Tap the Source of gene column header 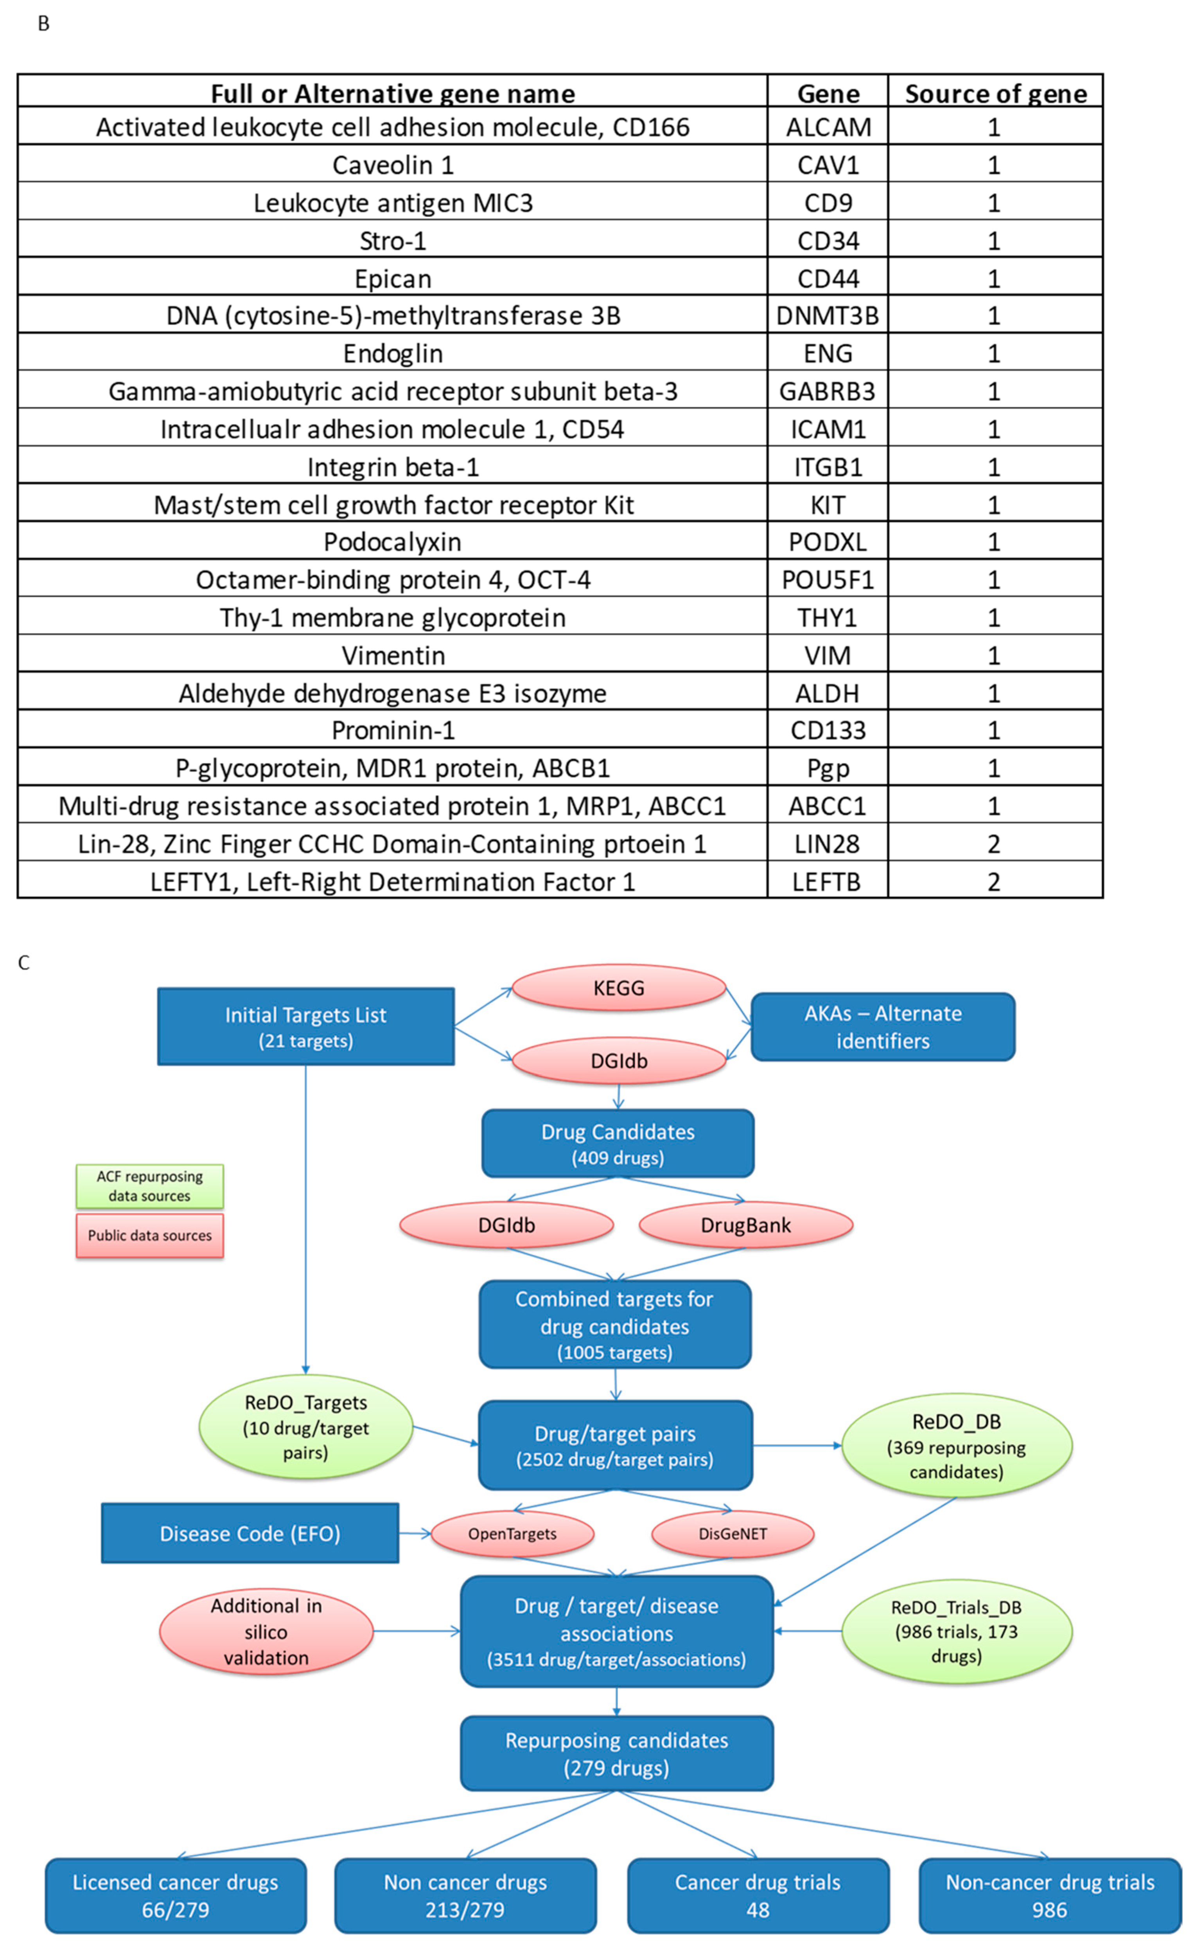995,94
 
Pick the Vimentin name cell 393,655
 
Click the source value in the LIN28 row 994,844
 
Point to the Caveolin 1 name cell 393,165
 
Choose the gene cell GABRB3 827,391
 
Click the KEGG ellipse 619,988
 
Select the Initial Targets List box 305,1026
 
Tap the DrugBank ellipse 745,1225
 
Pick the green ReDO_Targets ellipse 305,1427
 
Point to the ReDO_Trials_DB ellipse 956,1631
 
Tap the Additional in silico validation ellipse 266,1631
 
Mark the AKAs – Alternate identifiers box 882,1026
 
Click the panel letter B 43,24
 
